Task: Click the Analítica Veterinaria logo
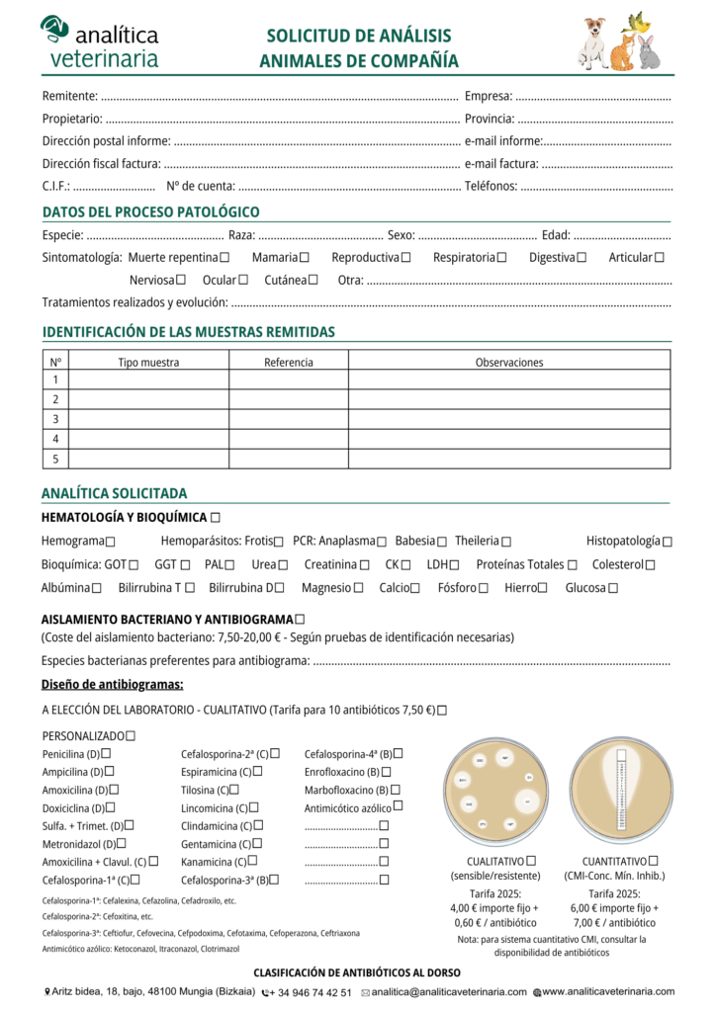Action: coord(99,42)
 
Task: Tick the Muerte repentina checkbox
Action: coord(224,258)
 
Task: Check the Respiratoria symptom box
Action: coord(502,258)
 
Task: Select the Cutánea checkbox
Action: coord(313,280)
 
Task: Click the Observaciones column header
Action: coord(509,363)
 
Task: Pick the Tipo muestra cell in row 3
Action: coord(148,419)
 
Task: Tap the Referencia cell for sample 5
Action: coord(289,459)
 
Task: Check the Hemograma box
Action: coord(110,542)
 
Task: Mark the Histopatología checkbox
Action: coord(668,542)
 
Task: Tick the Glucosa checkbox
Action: coord(613,588)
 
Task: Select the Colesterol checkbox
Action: coord(650,565)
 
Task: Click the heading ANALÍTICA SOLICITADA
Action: coord(114,493)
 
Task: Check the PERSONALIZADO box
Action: coord(132,735)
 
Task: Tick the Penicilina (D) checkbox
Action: coord(107,754)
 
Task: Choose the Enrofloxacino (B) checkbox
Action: coord(387,772)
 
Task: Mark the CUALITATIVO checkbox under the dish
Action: coord(532,861)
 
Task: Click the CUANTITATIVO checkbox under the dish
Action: coord(654,861)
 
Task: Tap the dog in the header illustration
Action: coord(592,43)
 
